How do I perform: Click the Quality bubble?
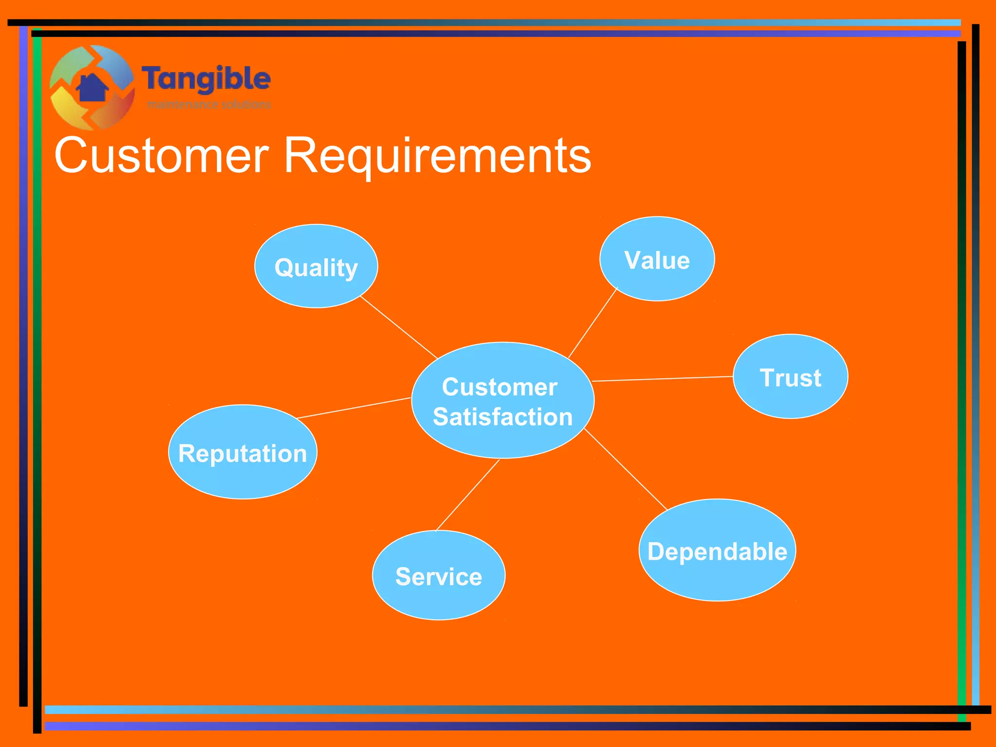click(x=316, y=267)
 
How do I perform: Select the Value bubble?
click(x=657, y=259)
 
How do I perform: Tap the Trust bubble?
click(x=790, y=377)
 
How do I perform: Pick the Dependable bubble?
click(x=717, y=551)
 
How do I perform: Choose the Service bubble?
click(x=439, y=576)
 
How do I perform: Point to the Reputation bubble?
click(x=243, y=452)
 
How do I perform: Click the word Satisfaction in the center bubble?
click(x=503, y=417)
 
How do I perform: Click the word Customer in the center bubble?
click(x=499, y=387)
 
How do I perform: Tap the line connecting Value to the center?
click(x=592, y=323)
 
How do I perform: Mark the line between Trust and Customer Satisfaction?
click(x=662, y=379)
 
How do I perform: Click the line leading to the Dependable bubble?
click(x=625, y=469)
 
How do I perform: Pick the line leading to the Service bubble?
click(x=467, y=495)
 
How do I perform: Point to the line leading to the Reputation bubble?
click(x=354, y=408)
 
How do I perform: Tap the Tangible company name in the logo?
click(x=206, y=79)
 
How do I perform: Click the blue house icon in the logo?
click(x=92, y=88)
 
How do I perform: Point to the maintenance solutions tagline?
click(x=209, y=104)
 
